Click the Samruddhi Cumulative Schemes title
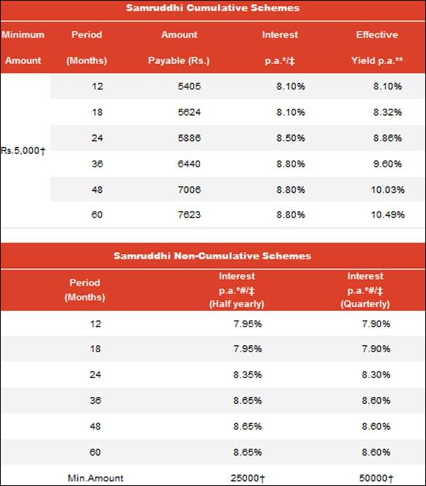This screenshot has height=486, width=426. [212, 8]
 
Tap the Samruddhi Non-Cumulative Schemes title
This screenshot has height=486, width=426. [212, 256]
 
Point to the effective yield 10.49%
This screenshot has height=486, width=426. [387, 215]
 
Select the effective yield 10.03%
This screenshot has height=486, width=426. [387, 189]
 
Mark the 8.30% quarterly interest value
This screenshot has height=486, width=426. [376, 375]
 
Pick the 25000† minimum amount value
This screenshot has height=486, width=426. [246, 478]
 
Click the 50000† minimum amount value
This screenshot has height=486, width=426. [373, 478]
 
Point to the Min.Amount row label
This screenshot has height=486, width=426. [95, 478]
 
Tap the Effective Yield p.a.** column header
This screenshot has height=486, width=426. [376, 48]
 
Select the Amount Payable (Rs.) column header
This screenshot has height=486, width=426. [179, 48]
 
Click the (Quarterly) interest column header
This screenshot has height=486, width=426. [365, 290]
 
